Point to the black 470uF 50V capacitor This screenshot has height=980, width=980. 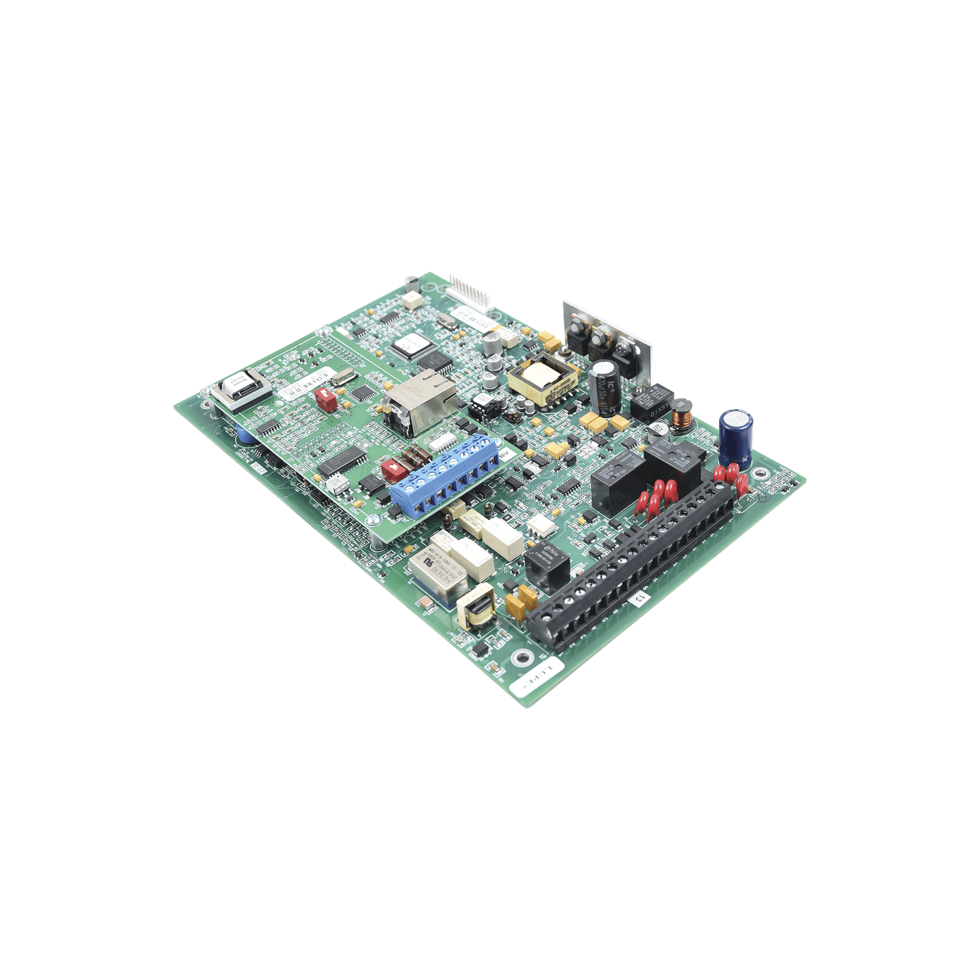[x=607, y=388]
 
